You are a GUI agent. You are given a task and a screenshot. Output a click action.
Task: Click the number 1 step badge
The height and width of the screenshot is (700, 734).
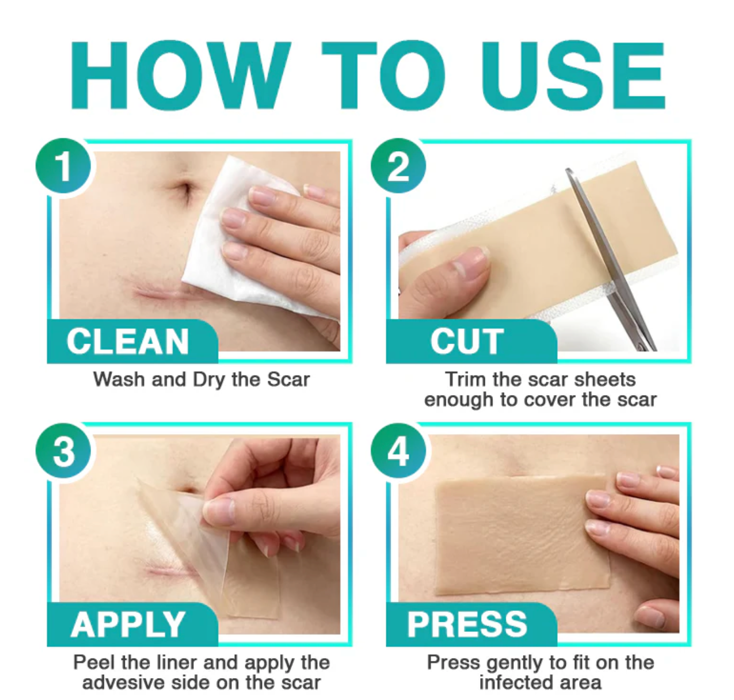pos(63,166)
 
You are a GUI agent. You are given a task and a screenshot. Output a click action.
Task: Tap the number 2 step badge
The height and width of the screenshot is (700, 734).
pos(398,166)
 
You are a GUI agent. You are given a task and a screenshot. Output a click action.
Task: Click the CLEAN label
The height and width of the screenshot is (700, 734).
pos(128,341)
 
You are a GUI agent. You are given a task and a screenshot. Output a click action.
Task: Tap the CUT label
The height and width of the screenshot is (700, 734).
pos(467,341)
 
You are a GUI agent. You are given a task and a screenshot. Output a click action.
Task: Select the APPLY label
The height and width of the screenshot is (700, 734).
pos(128,625)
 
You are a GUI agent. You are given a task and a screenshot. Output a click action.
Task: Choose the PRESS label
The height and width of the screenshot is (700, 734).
pos(467,625)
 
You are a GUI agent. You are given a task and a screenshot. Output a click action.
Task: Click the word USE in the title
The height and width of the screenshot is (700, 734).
pos(573,76)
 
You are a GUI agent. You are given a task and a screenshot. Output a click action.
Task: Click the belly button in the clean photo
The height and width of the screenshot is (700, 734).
pos(185,189)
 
